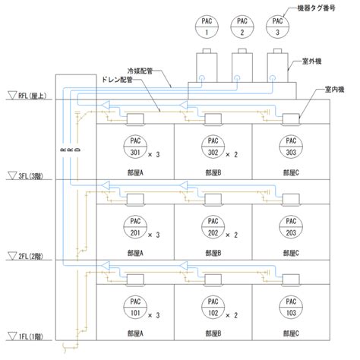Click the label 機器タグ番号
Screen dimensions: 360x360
316,8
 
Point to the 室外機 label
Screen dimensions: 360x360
311,62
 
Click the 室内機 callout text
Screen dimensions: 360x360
334,90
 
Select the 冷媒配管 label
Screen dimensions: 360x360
140,71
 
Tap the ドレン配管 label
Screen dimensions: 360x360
117,80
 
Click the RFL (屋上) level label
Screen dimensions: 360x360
32,96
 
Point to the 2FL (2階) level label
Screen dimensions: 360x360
30,257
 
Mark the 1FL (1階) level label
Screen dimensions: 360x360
30,336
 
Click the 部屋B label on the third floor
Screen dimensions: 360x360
213,173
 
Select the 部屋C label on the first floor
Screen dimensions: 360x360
291,333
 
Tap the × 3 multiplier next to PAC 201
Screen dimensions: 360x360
153,235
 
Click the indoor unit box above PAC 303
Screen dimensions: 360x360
291,119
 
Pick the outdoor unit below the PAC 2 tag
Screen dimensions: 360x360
242,65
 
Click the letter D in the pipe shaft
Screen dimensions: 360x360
78,150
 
